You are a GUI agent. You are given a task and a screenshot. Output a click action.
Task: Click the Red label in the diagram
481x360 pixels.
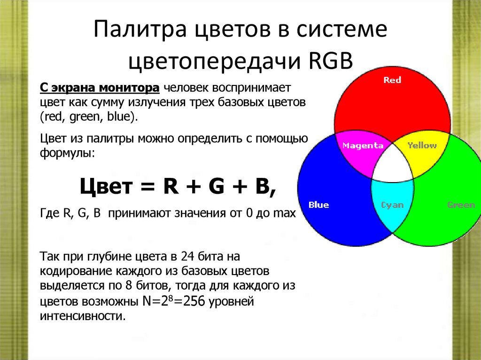pyautogui.click(x=392, y=80)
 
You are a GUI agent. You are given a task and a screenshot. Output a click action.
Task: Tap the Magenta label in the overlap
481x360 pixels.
pyautogui.click(x=363, y=146)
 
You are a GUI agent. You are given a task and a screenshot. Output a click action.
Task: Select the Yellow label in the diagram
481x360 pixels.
pyautogui.click(x=422, y=146)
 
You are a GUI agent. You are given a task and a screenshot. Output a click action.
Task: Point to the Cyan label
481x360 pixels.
pyautogui.click(x=392, y=205)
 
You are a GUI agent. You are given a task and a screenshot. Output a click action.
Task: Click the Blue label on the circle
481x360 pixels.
pyautogui.click(x=318, y=205)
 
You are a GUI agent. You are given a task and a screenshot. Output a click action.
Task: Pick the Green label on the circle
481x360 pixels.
pyautogui.click(x=461, y=205)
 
